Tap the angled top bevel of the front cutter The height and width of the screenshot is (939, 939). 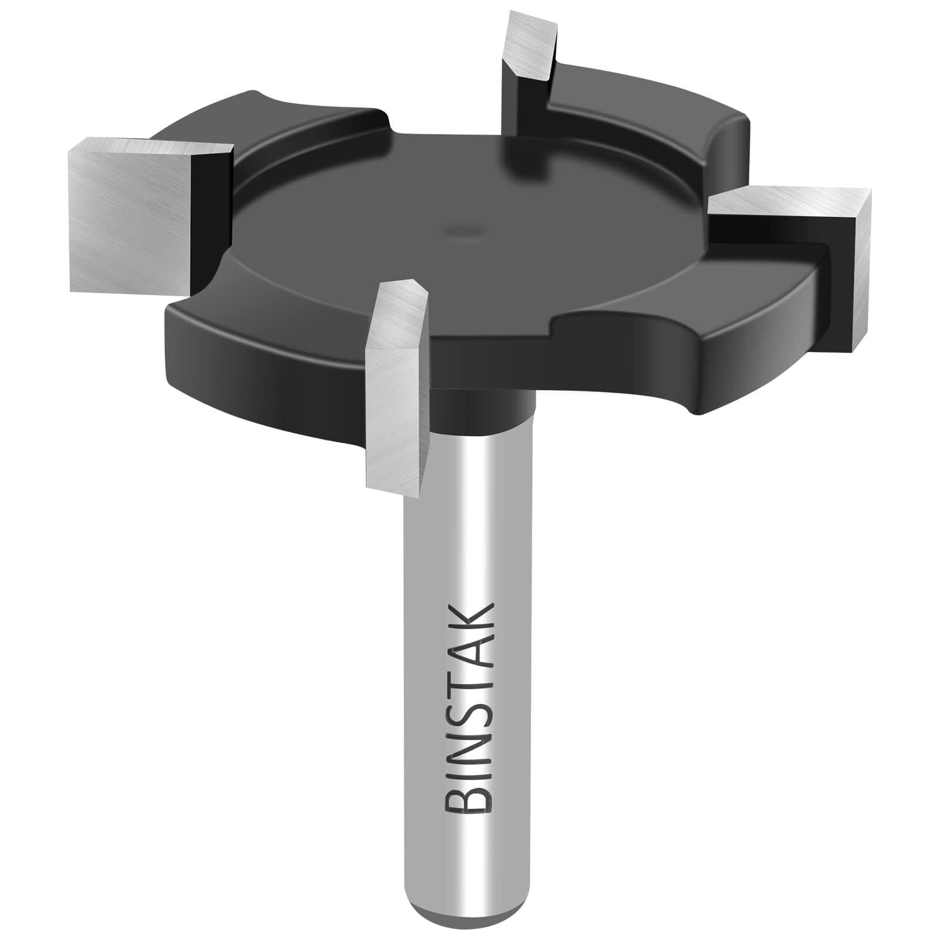click(399, 311)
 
